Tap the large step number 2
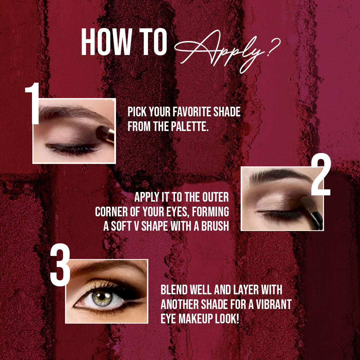(x=321, y=174)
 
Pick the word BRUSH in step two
(x=215, y=226)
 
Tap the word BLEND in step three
(x=174, y=290)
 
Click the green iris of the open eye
(x=102, y=298)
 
